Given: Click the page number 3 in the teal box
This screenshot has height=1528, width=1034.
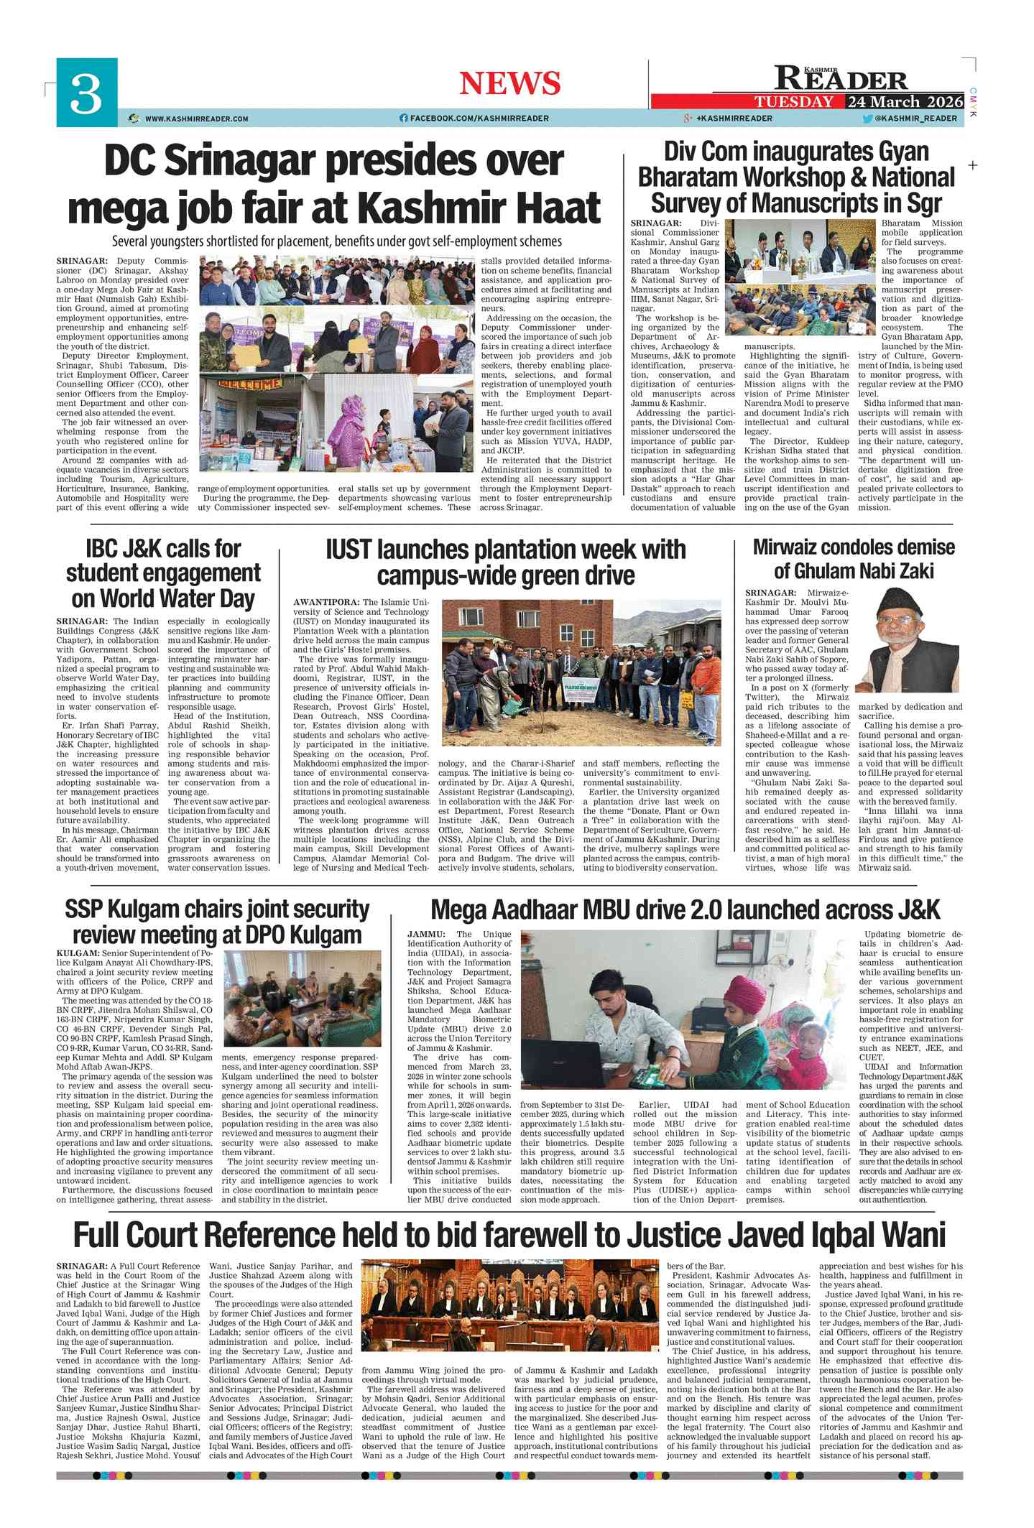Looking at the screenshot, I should [x=86, y=94].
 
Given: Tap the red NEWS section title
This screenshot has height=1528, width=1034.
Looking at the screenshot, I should [x=509, y=83].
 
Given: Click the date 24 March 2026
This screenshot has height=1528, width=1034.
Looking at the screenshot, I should [x=905, y=101].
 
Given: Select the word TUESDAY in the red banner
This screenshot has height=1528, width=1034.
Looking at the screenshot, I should [x=794, y=101].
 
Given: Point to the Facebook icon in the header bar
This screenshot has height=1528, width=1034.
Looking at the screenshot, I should [x=404, y=119].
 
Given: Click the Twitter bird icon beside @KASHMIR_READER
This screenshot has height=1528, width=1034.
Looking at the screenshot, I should [x=867, y=119].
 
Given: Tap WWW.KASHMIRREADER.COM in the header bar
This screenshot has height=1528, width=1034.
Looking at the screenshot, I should [x=196, y=119].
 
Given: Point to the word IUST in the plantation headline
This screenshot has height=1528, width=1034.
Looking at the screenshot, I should [x=348, y=550].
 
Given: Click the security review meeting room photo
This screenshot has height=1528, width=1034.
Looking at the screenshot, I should [x=302, y=999].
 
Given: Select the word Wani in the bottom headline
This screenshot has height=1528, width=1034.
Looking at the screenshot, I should [x=915, y=1235].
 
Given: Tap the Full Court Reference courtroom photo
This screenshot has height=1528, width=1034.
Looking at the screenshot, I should [x=509, y=1306].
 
